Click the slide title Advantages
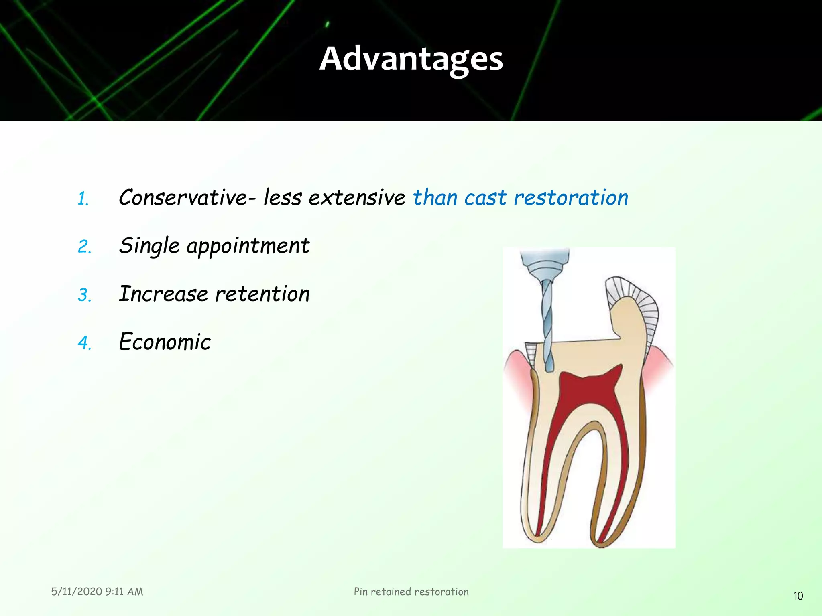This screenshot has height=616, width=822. [x=411, y=59]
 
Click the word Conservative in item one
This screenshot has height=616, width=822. [x=183, y=198]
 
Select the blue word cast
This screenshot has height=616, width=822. [x=485, y=198]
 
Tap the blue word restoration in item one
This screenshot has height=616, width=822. [x=571, y=198]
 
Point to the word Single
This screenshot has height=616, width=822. [x=149, y=246]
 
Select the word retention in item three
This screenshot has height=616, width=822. [x=262, y=294]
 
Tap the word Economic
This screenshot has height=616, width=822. [x=165, y=342]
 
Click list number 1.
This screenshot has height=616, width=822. [x=83, y=199]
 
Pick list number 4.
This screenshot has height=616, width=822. [x=84, y=343]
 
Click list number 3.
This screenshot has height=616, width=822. [x=84, y=295]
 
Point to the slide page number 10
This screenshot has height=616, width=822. [x=798, y=596]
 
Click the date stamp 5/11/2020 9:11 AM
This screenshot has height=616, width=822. [x=97, y=592]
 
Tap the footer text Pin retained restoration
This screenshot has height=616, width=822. [x=411, y=592]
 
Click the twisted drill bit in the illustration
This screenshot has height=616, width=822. [x=547, y=325]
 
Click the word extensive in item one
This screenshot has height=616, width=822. [x=356, y=198]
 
